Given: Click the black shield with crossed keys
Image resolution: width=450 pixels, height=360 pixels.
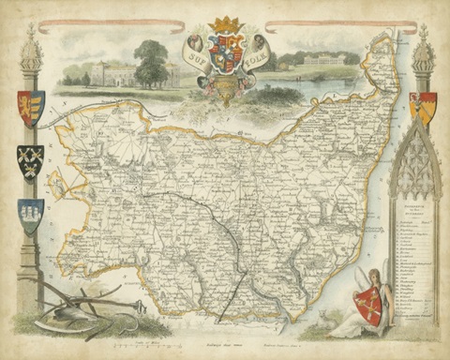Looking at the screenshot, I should tap(30, 160).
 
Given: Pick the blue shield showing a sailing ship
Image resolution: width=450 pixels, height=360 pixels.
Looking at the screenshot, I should tap(30, 215).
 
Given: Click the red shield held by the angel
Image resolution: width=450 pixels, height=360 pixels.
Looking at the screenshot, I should tap(368, 307).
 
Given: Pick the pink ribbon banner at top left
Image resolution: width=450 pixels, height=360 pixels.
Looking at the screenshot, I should tap(113, 25).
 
